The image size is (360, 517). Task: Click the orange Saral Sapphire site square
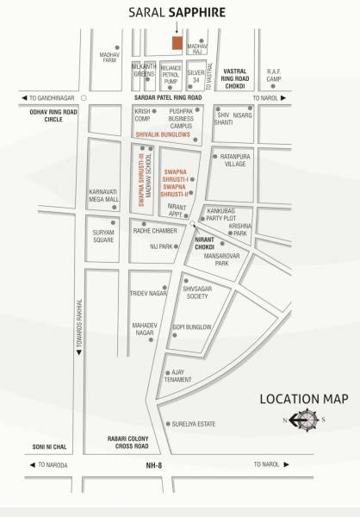click(x=177, y=43)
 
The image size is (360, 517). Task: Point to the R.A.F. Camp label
click(x=274, y=76)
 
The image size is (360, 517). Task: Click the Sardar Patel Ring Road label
click(x=168, y=97)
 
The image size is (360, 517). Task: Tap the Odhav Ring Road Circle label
click(x=54, y=115)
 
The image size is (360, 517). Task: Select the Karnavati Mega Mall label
click(x=103, y=195)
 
